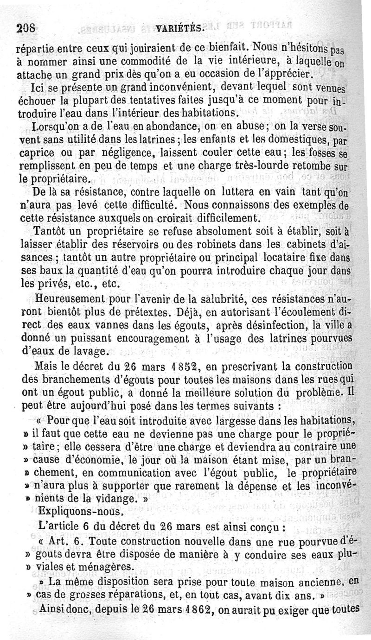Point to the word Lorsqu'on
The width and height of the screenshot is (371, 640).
pos(52,127)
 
